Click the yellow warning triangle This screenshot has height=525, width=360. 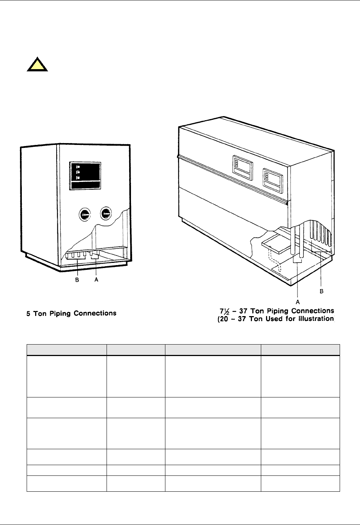point(37,65)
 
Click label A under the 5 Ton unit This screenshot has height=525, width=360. point(96,280)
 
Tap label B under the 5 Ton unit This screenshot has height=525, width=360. point(77,280)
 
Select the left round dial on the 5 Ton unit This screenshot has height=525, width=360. point(84,214)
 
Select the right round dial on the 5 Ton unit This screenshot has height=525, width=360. point(106,213)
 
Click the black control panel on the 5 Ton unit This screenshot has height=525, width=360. point(85,176)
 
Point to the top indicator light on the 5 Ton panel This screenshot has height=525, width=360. point(78,167)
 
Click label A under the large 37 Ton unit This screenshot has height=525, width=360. point(297,302)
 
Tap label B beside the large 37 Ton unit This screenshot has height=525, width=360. point(322,291)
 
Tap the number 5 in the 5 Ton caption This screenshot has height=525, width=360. point(28,314)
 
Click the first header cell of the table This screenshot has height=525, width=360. point(67,350)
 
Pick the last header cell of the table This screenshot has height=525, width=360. point(300,350)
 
